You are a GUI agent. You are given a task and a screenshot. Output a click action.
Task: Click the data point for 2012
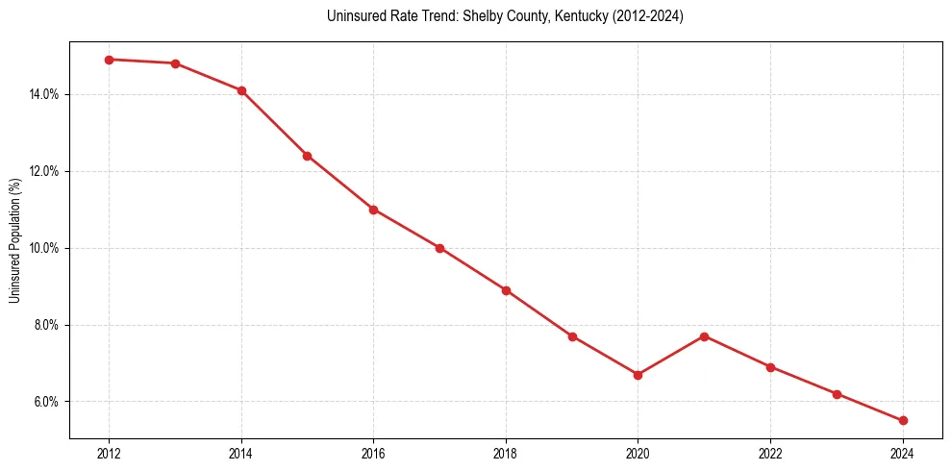[109, 60]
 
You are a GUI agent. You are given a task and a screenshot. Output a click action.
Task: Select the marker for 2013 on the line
[175, 63]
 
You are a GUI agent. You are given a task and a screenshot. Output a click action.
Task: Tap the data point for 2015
[308, 156]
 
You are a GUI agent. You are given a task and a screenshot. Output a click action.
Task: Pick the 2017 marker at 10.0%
[439, 248]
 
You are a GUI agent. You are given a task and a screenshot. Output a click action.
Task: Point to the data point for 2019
[572, 336]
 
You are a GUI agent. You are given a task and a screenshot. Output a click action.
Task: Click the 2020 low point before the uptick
[638, 375]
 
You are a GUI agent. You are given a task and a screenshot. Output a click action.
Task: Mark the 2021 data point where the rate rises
[704, 336]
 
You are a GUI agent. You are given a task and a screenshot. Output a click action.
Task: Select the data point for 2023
[837, 394]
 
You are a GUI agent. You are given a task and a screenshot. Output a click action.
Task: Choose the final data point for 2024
[903, 420]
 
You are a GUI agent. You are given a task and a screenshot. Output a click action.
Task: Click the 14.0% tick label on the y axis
[44, 94]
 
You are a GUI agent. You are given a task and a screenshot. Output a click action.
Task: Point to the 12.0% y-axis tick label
[44, 171]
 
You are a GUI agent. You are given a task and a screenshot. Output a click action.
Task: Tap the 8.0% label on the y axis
[46, 325]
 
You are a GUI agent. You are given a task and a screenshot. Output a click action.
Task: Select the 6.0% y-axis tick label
[46, 402]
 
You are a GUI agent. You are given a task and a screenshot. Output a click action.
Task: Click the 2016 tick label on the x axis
[373, 454]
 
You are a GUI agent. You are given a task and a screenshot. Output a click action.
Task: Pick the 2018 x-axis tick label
[506, 454]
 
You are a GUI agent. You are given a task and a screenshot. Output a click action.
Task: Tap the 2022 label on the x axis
[770, 454]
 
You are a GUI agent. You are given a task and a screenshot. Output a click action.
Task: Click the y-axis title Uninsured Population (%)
[14, 240]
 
